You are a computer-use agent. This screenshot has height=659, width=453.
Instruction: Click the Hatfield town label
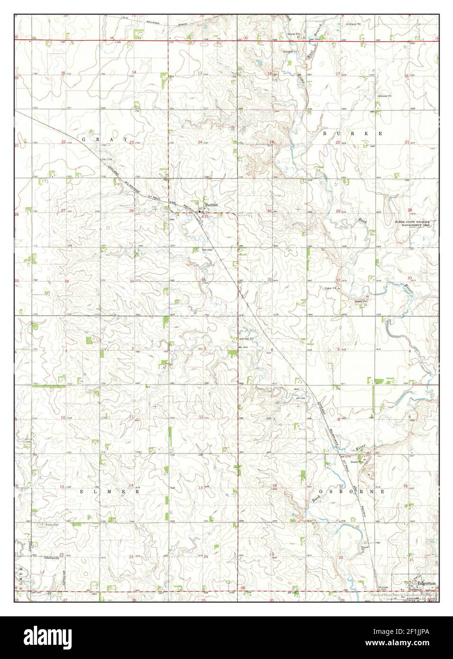(211, 204)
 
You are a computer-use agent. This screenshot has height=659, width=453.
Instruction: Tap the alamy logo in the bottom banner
(47, 637)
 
